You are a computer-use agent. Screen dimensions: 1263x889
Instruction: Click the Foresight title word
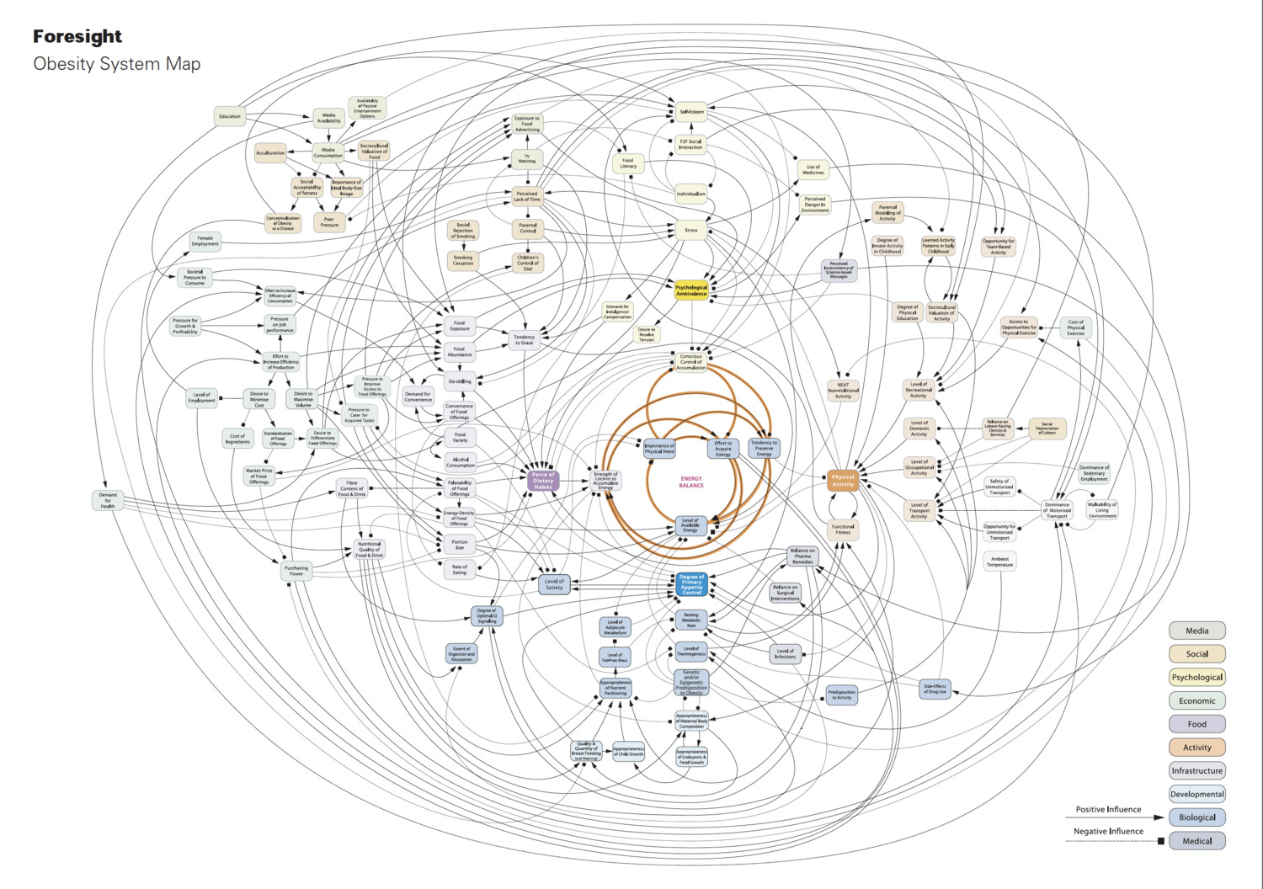77,36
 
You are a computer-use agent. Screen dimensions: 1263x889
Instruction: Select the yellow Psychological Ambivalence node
691,290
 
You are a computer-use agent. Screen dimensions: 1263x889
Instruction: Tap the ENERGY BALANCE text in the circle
691,482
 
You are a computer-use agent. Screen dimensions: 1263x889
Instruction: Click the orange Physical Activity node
843,481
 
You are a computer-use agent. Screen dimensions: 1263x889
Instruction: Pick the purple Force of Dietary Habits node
543,481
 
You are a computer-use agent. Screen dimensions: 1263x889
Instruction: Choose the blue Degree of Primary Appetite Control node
691,584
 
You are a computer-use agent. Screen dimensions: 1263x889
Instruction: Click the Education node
230,117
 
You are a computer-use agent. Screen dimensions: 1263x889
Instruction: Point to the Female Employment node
205,242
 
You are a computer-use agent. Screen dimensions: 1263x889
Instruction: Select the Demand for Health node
108,501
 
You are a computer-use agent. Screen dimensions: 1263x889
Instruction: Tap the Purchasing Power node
296,571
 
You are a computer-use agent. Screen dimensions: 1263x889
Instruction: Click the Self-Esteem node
692,112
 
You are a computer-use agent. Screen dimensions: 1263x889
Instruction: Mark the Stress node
691,230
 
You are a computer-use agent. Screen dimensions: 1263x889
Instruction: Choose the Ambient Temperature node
999,562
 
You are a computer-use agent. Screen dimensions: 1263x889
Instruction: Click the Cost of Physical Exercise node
1076,327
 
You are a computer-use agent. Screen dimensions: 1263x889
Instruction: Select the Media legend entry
1196,631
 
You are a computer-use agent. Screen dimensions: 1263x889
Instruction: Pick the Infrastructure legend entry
1196,770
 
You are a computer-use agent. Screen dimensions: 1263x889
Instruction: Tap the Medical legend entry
1196,841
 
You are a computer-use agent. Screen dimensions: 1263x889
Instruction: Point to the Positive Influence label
1108,810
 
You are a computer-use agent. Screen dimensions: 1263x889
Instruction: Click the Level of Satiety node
554,584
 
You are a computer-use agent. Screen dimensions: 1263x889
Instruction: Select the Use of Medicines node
813,170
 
